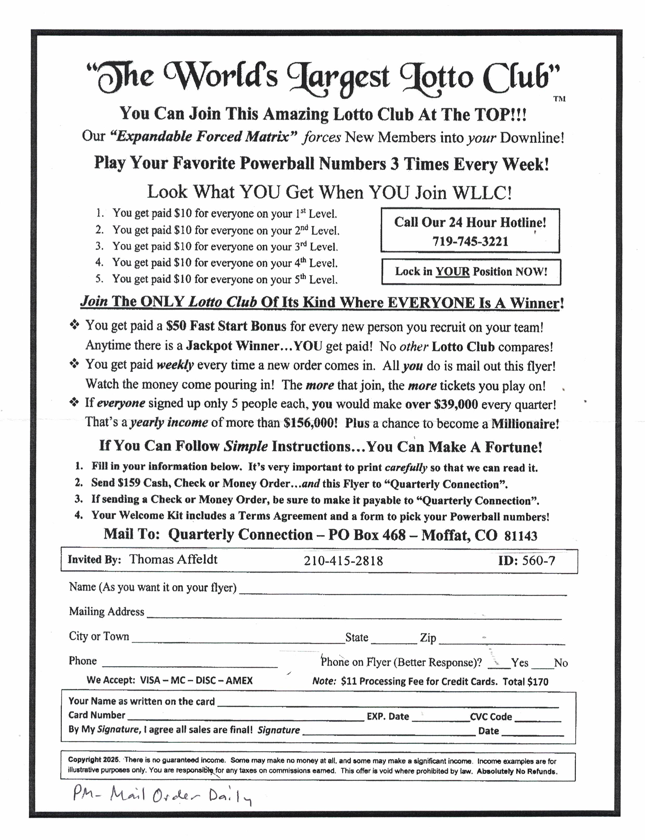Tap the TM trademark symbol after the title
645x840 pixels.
click(559, 99)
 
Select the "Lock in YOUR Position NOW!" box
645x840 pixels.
click(471, 272)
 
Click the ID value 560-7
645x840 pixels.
click(538, 561)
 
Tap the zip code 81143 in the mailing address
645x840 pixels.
click(521, 536)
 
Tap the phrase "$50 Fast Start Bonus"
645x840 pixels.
click(226, 326)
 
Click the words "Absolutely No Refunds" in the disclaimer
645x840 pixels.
click(517, 771)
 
